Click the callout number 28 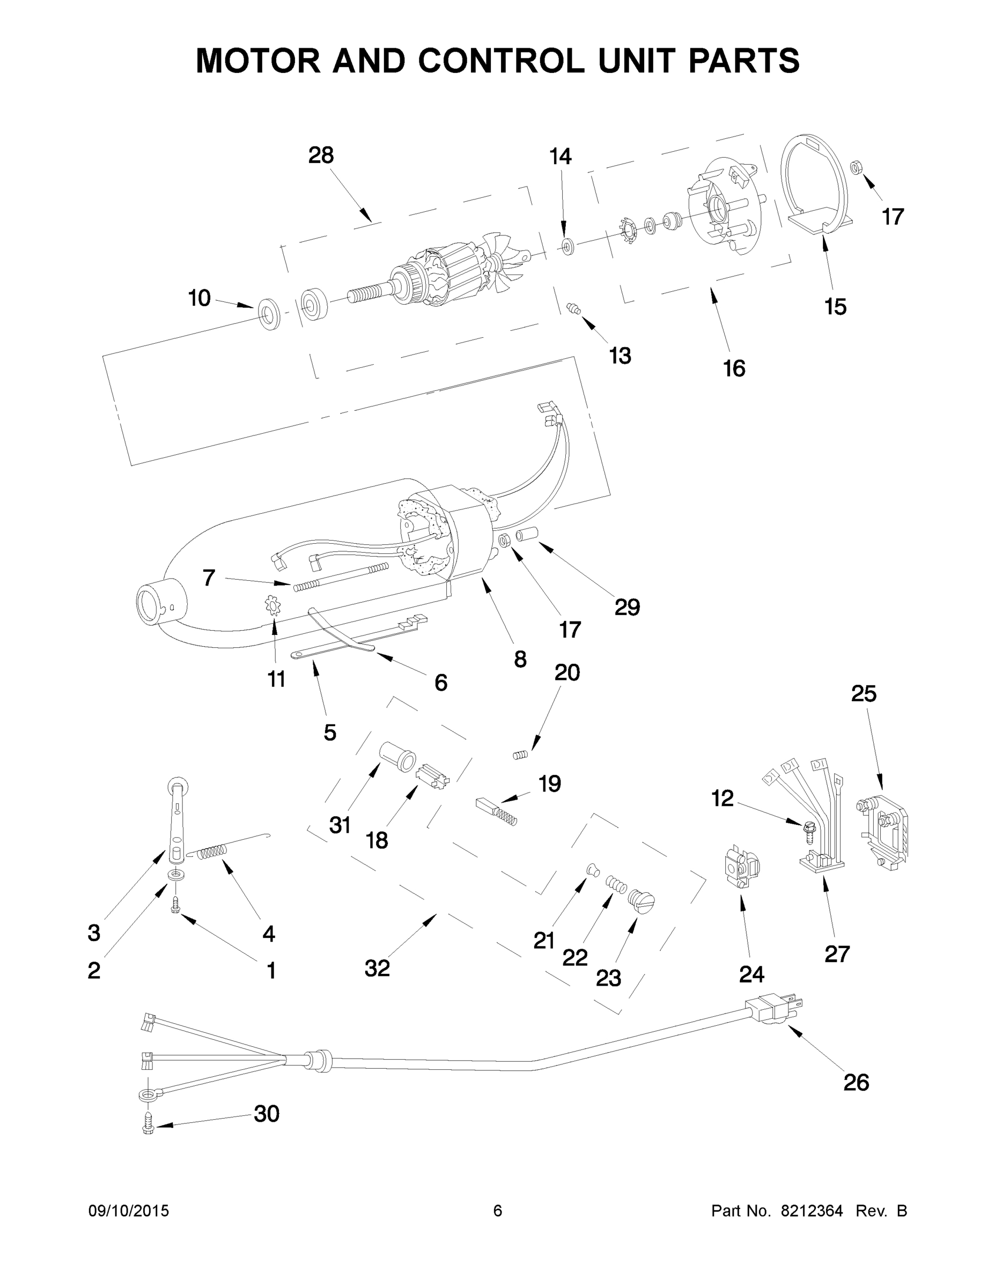click(321, 156)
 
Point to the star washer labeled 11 click(273, 606)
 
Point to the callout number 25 click(864, 693)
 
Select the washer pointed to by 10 click(269, 314)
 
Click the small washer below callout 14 click(567, 246)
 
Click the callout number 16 click(734, 368)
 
